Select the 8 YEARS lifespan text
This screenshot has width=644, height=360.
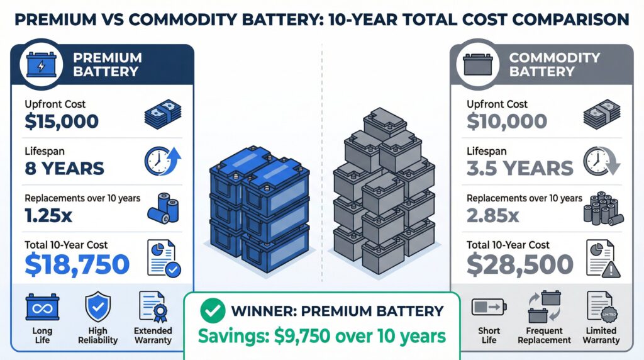point(64,168)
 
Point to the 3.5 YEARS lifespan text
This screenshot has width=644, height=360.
point(519,168)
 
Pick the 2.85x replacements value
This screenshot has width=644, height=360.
point(493,216)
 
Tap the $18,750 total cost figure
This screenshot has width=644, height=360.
point(77,264)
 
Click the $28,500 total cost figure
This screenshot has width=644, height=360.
point(519,264)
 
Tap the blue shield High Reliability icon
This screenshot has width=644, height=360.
point(97,308)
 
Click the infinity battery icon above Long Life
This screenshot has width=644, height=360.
point(42,309)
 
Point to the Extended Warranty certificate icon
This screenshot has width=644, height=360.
point(153,308)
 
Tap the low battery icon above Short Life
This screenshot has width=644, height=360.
point(487,309)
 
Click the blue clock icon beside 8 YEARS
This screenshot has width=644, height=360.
point(162,161)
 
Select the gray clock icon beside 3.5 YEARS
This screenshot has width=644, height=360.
point(602,161)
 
